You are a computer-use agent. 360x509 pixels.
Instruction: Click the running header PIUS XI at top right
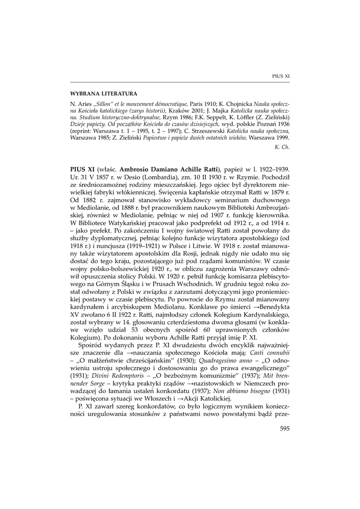281,76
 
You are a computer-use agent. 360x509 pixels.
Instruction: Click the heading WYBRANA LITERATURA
103,93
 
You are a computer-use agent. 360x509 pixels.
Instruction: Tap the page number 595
284,428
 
